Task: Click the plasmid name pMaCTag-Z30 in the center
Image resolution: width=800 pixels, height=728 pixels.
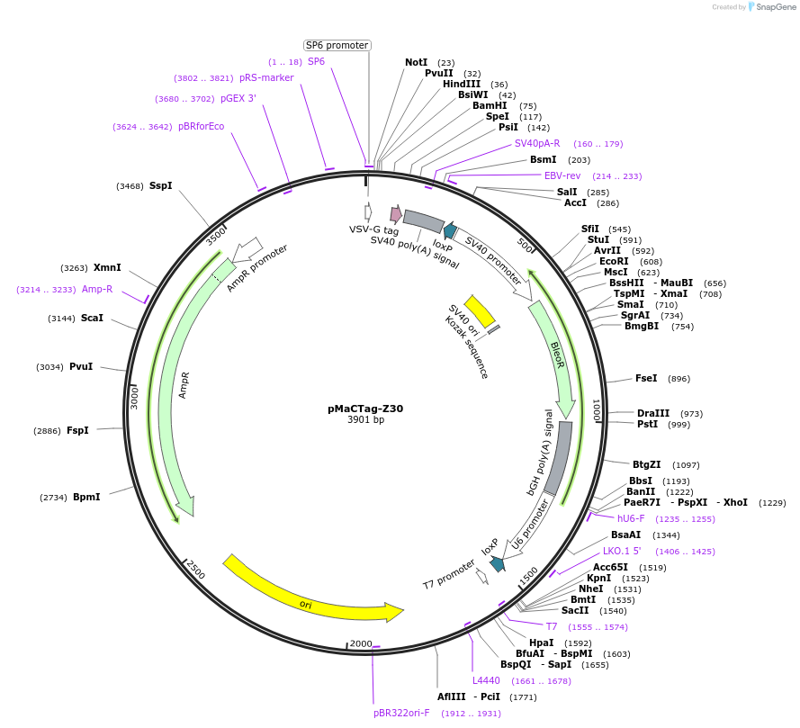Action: click(365, 408)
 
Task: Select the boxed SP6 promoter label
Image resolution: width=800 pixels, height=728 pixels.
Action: click(337, 45)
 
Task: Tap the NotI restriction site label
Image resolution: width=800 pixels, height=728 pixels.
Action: click(416, 62)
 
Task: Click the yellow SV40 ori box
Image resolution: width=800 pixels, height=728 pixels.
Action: click(480, 310)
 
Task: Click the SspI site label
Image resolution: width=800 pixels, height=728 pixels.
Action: click(160, 186)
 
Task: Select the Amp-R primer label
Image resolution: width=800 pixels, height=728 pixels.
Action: click(97, 289)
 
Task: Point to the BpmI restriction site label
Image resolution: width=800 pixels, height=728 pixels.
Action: click(86, 497)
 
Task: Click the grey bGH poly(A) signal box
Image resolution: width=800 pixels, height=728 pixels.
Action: click(558, 458)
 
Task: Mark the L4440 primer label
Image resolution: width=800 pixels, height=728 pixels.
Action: click(486, 680)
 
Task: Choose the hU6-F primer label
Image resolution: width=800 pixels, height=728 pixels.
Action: click(633, 518)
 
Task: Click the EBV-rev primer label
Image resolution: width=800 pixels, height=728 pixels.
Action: click(562, 175)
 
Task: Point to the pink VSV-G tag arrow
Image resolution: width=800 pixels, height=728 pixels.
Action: click(395, 213)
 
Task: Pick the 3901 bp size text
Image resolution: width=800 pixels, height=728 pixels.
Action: click(365, 420)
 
